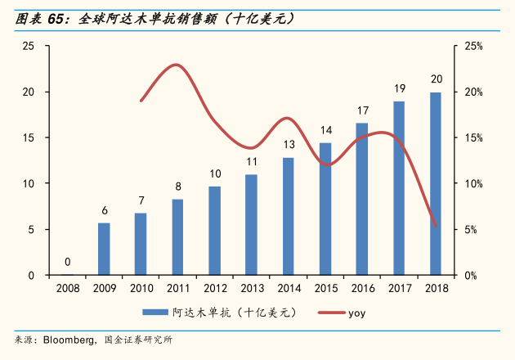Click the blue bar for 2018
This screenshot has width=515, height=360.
click(436, 184)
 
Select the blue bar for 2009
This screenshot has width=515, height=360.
click(104, 249)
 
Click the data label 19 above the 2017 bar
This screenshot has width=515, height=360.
click(399, 88)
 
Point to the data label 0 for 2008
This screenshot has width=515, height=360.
click(67, 263)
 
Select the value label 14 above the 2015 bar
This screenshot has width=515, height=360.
click(325, 130)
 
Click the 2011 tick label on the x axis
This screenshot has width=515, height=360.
click(177, 288)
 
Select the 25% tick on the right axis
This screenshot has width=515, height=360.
click(474, 46)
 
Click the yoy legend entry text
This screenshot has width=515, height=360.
click(356, 313)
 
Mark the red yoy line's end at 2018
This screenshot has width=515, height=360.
click(436, 226)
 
